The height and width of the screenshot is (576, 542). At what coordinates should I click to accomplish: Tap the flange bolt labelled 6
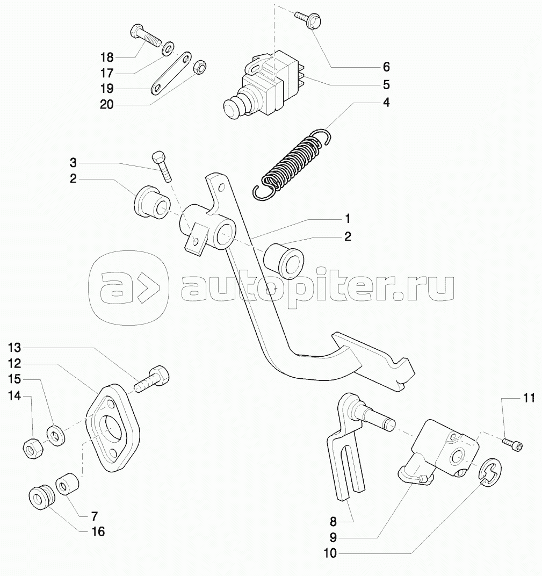click(308, 19)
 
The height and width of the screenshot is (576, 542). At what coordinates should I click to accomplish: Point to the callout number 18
click(107, 57)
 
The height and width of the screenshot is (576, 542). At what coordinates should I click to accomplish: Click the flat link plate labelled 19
click(171, 73)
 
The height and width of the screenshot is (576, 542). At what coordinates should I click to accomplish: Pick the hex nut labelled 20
click(200, 67)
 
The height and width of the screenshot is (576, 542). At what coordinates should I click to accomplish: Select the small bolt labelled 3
click(162, 166)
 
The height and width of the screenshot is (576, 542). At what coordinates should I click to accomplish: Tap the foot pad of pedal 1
click(373, 360)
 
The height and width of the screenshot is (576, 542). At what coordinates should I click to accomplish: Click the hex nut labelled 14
click(33, 448)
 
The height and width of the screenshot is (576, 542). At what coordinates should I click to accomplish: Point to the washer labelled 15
click(56, 435)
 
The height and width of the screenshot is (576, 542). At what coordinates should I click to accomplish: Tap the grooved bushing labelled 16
click(42, 498)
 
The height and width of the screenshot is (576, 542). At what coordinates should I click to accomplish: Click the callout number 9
click(333, 537)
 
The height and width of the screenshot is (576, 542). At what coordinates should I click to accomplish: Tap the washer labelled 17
click(169, 49)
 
